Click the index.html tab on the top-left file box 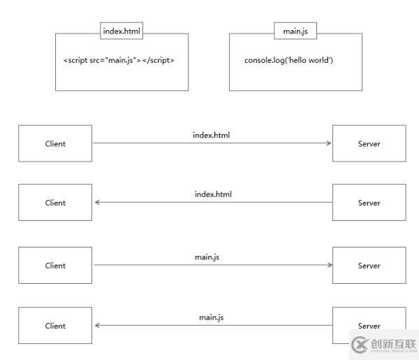point(122,31)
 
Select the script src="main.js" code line point(119,60)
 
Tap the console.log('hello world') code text point(288,60)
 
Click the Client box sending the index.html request point(55,143)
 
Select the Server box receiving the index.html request point(369,143)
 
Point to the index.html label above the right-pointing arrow point(211,134)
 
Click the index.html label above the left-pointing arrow point(213,194)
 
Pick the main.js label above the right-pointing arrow point(207,257)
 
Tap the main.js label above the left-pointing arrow point(211,317)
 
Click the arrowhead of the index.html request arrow point(328,143)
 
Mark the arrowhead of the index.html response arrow point(98,203)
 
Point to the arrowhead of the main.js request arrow point(328,266)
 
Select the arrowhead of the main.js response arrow point(98,326)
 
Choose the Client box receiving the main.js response point(55,326)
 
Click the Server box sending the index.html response point(369,203)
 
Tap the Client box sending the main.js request point(55,266)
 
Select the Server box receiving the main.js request point(369,266)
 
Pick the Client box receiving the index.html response point(55,203)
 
